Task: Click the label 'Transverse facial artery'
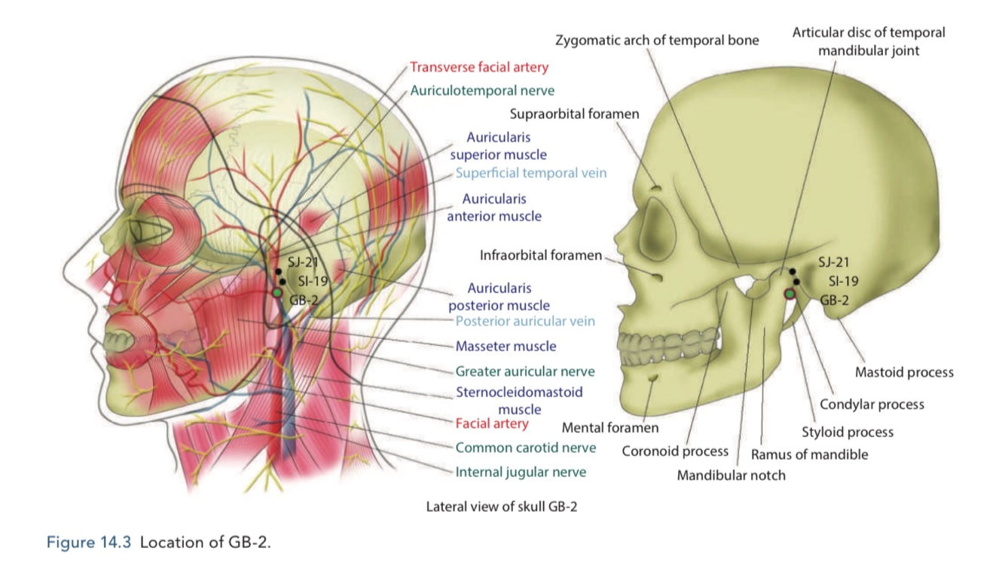click(478, 67)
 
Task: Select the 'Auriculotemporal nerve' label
click(482, 90)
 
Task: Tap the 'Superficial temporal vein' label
click(530, 173)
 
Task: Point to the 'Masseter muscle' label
click(506, 346)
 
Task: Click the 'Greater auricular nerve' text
click(524, 372)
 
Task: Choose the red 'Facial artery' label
click(492, 424)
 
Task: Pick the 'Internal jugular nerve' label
click(521, 472)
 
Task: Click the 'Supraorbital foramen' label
click(574, 115)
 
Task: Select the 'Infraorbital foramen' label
click(541, 255)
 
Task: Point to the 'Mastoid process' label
click(904, 372)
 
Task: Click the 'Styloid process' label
click(847, 432)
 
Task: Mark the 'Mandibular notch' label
click(731, 476)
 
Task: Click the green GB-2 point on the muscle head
click(277, 292)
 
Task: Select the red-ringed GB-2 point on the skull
click(790, 294)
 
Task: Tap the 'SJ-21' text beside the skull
click(833, 263)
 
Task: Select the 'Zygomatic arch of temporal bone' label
click(657, 40)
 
